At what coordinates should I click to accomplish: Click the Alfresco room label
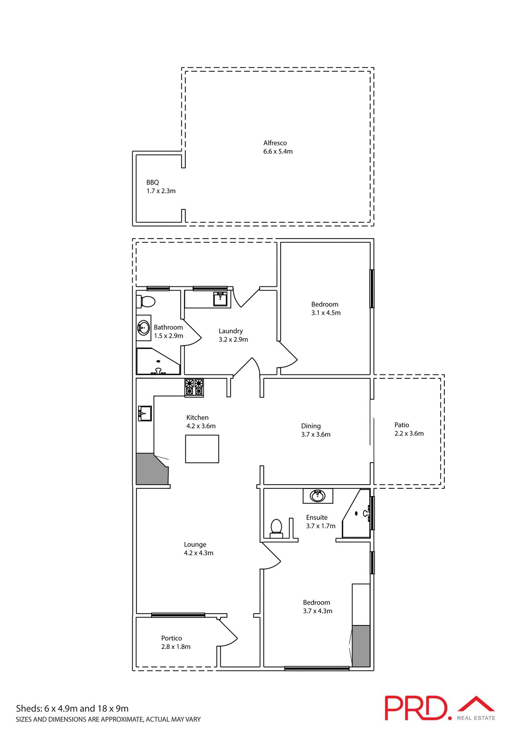click(275, 143)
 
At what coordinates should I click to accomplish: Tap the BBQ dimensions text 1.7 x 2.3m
click(161, 191)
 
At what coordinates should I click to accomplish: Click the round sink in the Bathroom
click(143, 328)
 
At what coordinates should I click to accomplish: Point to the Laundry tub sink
click(221, 299)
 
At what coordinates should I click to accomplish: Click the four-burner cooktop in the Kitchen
click(194, 387)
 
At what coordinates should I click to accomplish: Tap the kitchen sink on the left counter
click(145, 413)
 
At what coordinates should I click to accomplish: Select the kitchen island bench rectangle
click(202, 449)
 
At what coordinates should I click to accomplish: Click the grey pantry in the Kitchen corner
click(151, 470)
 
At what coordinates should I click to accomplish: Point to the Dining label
click(311, 426)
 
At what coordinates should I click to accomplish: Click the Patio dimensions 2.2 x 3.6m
click(409, 433)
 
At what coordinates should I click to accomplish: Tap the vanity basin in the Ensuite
click(318, 496)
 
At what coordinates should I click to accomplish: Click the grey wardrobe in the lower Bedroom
click(361, 646)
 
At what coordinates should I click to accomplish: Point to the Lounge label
click(195, 544)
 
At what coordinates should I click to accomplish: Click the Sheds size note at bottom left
click(72, 708)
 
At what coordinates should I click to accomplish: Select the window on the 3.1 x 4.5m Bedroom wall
click(372, 289)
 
